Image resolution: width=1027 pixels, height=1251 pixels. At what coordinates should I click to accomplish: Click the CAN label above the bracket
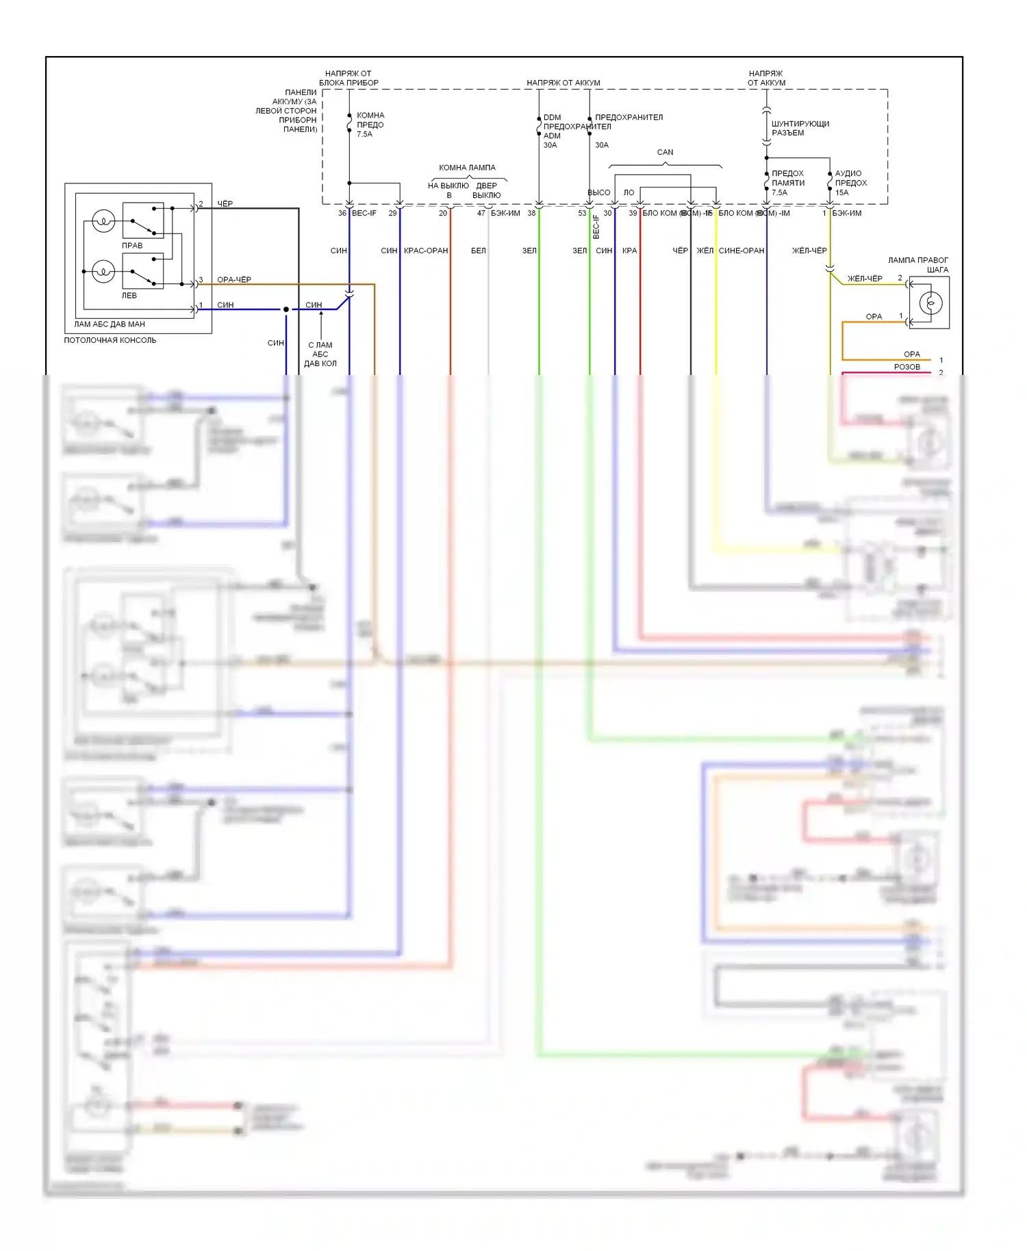click(665, 152)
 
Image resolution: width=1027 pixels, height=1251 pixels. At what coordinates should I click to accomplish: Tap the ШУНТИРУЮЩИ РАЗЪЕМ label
click(800, 128)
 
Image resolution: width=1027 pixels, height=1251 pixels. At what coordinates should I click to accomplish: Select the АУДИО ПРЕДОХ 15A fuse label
click(850, 183)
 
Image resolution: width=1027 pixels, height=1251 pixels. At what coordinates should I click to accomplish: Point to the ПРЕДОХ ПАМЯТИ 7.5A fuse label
click(787, 183)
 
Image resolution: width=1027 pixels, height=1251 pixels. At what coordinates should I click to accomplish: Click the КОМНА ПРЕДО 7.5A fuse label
click(370, 125)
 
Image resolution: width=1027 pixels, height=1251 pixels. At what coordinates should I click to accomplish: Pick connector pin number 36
click(342, 213)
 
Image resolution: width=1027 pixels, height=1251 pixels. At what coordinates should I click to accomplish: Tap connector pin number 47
click(481, 213)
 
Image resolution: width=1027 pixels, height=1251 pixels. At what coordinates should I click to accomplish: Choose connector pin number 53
click(582, 213)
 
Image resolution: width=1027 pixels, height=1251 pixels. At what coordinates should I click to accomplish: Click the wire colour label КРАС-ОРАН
click(426, 250)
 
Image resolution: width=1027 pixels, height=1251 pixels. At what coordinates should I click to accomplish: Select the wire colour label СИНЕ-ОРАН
click(741, 250)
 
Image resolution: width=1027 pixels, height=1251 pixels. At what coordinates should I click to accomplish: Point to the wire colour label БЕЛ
click(478, 250)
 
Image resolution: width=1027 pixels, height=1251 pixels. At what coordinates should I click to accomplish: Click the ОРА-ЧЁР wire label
click(234, 279)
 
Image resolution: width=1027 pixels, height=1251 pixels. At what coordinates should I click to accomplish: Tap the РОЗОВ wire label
click(906, 367)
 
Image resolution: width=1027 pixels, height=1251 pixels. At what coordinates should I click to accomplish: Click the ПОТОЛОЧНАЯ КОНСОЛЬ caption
click(110, 340)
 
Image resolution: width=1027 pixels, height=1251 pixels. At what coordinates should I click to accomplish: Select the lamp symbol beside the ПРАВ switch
click(103, 221)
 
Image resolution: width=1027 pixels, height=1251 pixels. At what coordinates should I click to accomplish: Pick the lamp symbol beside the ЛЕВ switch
click(103, 272)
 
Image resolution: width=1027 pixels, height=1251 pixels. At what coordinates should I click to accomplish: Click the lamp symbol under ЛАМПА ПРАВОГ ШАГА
click(930, 302)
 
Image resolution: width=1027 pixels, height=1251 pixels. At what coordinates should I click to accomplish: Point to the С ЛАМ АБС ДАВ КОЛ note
click(320, 354)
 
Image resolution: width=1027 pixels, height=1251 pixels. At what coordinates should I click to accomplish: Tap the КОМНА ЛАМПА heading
click(467, 168)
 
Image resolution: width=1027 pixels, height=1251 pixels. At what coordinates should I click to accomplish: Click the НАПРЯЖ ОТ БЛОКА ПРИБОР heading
click(348, 78)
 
